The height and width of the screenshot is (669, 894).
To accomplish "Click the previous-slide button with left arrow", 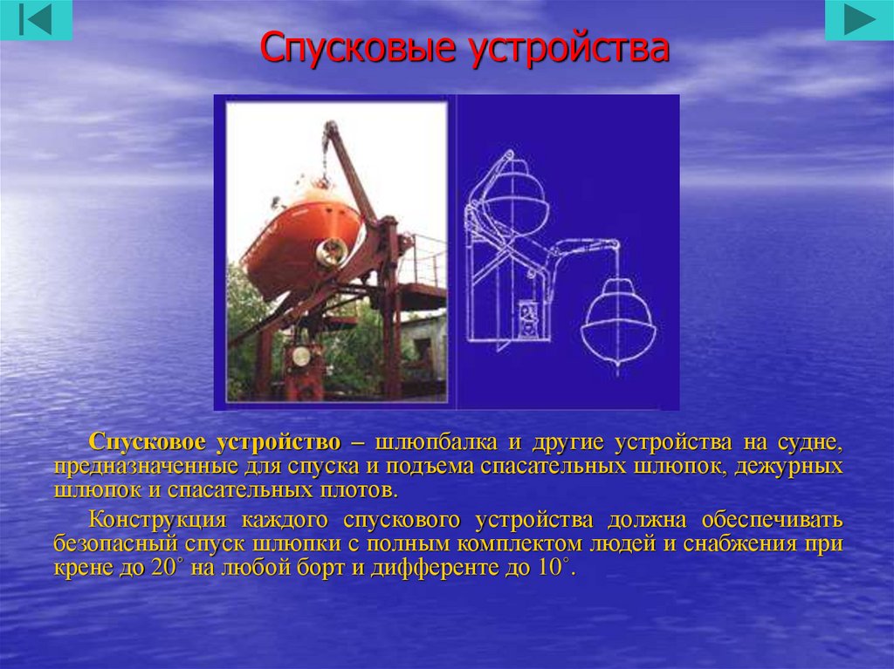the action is tap(36, 20).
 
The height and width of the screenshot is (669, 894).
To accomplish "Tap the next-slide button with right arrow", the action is tap(859, 20).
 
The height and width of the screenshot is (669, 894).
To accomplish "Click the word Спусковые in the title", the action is tap(358, 47).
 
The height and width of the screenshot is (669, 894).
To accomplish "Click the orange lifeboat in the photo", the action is tap(301, 239).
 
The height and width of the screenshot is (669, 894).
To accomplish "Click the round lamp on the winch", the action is tap(300, 357).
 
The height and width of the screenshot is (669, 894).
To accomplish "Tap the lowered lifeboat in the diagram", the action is tap(618, 324).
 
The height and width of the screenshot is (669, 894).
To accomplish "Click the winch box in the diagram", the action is tap(527, 321).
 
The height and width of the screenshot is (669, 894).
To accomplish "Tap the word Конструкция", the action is tap(157, 519).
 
